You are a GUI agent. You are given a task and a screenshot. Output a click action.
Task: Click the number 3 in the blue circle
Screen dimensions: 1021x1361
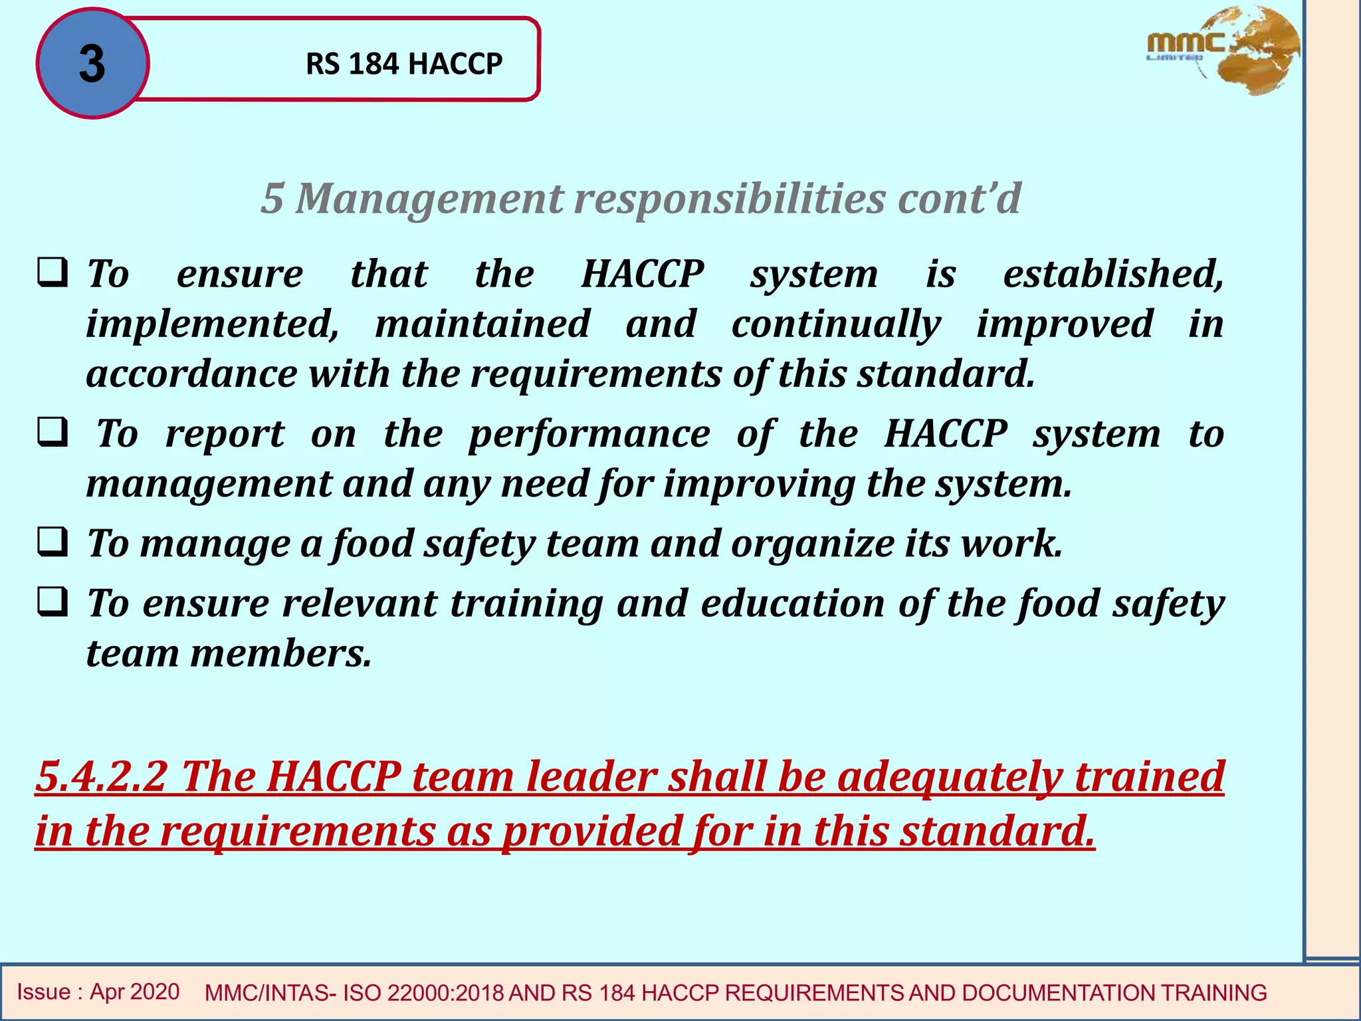point(92,64)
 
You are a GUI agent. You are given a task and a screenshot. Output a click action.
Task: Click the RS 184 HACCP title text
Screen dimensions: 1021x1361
point(403,64)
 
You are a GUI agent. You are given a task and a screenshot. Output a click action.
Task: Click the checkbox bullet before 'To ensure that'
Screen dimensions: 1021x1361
point(52,273)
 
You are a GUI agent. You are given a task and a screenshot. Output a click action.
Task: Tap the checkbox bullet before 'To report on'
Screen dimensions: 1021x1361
point(52,433)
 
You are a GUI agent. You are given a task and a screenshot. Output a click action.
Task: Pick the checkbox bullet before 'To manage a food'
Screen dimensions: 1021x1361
point(52,542)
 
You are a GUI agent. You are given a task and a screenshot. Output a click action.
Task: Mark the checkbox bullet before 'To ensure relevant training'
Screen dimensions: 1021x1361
point(52,602)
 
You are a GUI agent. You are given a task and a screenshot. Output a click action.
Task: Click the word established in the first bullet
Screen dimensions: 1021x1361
point(1113,273)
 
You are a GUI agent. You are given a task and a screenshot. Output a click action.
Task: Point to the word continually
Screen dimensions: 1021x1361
point(836,324)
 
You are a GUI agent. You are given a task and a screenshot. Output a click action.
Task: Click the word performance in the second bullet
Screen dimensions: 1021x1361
point(589,435)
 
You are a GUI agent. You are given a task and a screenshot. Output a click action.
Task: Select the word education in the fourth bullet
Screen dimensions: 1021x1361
point(792,604)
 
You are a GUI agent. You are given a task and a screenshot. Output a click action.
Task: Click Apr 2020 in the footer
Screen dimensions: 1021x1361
point(134,992)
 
